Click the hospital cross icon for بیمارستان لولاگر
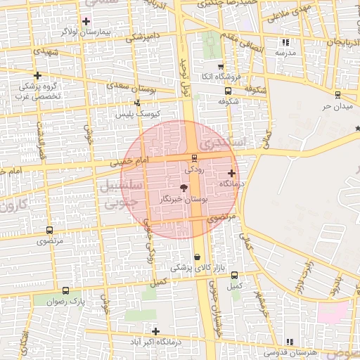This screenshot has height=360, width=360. point(86,21)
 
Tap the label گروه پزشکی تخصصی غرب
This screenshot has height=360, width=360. point(39,91)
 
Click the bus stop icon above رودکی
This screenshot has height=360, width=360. point(194,157)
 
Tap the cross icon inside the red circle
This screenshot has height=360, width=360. point(231,172)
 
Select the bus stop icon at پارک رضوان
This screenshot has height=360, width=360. point(65,290)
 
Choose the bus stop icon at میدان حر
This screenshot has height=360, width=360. point(337,94)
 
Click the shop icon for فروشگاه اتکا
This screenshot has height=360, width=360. point(221,66)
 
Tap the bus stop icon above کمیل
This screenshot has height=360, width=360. point(234,275)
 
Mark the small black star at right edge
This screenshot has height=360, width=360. point(357,127)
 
